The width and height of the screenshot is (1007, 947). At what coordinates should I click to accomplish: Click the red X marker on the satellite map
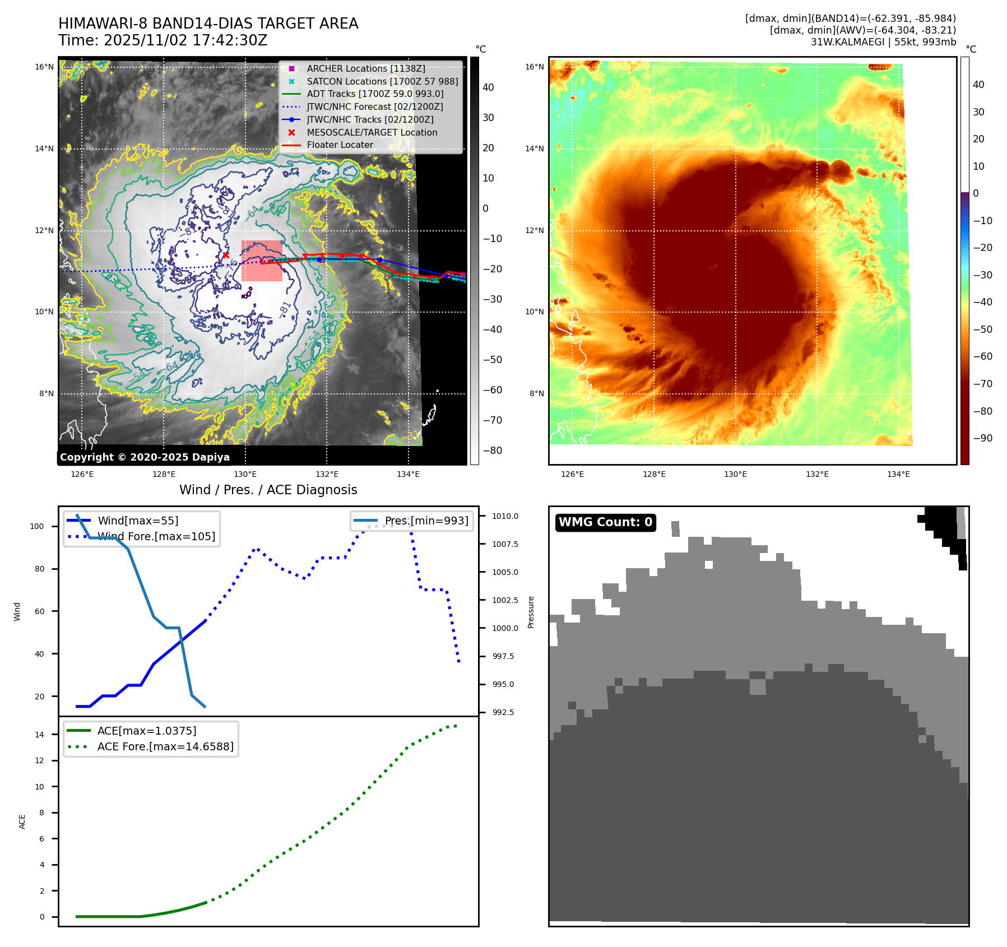[226, 255]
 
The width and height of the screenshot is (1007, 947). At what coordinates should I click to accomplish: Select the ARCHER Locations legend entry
[365, 68]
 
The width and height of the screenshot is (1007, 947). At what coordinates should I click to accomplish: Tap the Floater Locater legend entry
[340, 145]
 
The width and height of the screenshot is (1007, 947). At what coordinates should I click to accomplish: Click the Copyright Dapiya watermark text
[145, 457]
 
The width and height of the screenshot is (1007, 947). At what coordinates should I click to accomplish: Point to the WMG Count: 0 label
[605, 522]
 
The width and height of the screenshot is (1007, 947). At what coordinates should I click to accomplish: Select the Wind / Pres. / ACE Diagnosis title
[268, 490]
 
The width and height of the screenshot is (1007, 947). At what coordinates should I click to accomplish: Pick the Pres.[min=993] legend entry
[426, 521]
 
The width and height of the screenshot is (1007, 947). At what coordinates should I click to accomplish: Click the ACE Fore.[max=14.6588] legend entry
[165, 746]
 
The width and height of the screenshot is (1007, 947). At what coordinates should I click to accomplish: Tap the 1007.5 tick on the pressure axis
[505, 544]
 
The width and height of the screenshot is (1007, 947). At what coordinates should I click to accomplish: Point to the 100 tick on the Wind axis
[37, 526]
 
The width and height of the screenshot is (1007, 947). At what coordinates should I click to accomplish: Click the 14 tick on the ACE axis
[39, 735]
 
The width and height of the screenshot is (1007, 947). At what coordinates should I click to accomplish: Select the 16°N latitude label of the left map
[44, 67]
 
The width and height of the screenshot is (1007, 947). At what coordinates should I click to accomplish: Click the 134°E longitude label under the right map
[898, 474]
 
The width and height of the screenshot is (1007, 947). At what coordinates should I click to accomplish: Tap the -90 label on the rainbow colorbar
[982, 438]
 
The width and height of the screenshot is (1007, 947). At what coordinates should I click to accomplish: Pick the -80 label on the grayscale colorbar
[493, 451]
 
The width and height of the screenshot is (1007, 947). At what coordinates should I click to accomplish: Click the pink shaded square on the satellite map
[262, 261]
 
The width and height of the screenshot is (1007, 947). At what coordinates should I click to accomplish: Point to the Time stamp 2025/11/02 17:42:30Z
[163, 40]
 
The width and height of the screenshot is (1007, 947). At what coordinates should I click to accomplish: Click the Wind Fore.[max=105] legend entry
[156, 536]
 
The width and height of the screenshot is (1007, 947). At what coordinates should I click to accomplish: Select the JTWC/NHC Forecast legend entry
[374, 106]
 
